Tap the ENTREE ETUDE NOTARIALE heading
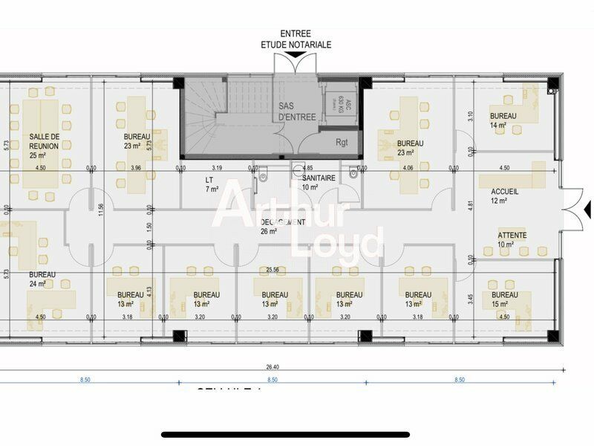coord(296,39)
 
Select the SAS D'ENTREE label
coord(297,111)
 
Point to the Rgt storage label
coord(342,141)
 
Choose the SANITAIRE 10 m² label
coord(319,183)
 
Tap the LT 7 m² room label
coord(212,184)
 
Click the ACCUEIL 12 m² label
coord(504,195)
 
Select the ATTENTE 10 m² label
coord(512,239)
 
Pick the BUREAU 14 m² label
coord(503,120)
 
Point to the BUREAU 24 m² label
coord(42,279)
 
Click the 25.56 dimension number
coord(272,270)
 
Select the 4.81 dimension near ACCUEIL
coord(469,204)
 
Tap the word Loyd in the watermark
coord(338,242)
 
